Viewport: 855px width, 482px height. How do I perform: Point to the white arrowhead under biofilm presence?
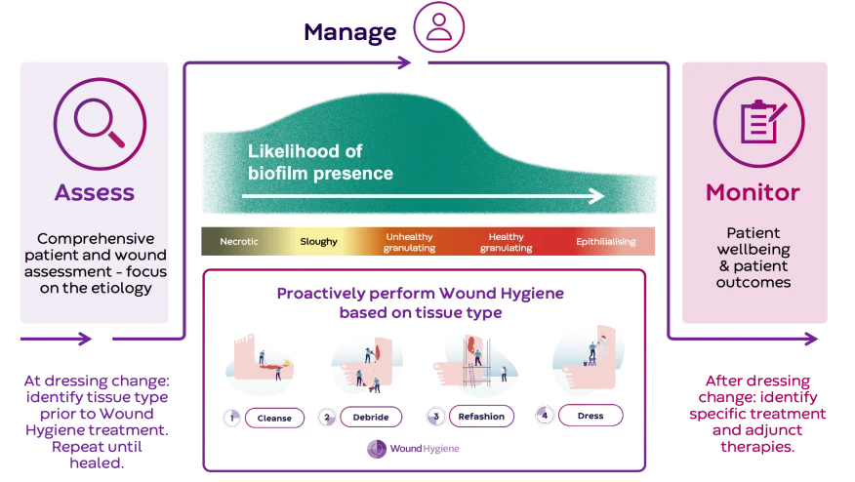596,196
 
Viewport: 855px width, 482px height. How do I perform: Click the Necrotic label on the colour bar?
239,241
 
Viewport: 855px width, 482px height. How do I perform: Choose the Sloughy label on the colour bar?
318,241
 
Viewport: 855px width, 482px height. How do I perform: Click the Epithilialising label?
605,241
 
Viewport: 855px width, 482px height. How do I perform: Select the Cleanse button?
274,418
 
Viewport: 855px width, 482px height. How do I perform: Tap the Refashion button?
481,417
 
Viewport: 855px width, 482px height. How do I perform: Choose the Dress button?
590,416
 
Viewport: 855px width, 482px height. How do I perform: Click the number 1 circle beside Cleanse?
232,418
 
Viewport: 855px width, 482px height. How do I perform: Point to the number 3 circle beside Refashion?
435,417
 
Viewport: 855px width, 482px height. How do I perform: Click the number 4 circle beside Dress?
545,416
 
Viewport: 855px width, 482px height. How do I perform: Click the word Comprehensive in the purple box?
96,238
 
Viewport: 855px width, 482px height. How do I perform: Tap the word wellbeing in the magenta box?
753,250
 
